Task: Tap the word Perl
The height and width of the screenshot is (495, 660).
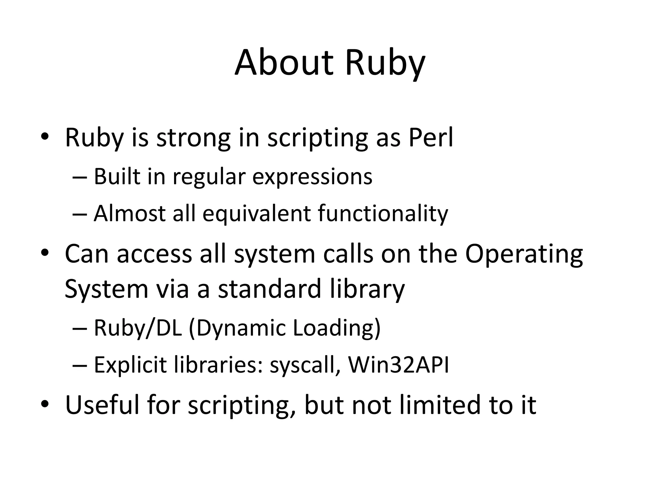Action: pos(431,138)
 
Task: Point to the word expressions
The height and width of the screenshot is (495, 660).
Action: pos(312,177)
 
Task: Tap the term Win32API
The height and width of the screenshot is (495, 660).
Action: pos(399,365)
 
